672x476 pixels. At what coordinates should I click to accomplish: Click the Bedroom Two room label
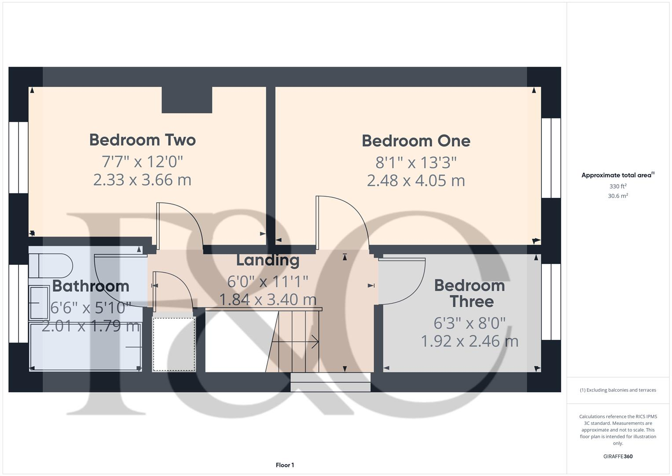pyautogui.click(x=142, y=140)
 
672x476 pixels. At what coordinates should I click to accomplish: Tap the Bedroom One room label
pyautogui.click(x=416, y=141)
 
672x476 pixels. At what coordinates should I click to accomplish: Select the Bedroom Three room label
pyautogui.click(x=470, y=294)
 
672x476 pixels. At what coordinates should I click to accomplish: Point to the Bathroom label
pyautogui.click(x=91, y=286)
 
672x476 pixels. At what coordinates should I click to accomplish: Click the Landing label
pyautogui.click(x=268, y=260)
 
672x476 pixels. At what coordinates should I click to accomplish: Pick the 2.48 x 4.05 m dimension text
pyautogui.click(x=416, y=180)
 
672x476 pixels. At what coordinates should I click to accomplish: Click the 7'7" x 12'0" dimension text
pyautogui.click(x=142, y=162)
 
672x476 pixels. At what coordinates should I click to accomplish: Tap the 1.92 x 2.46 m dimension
pyautogui.click(x=470, y=341)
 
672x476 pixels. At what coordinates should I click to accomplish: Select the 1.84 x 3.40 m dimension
pyautogui.click(x=268, y=300)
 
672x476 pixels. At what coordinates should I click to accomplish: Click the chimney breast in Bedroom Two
pyautogui.click(x=187, y=100)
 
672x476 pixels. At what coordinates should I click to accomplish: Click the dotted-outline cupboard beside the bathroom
pyautogui.click(x=174, y=344)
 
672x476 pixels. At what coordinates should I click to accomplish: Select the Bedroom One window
pyautogui.click(x=551, y=158)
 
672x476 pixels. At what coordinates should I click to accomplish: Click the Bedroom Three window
pyautogui.click(x=551, y=302)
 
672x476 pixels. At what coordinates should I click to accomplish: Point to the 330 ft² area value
pyautogui.click(x=618, y=186)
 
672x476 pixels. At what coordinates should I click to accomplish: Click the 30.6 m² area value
pyautogui.click(x=618, y=196)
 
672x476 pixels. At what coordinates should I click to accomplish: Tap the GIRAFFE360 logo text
pyautogui.click(x=618, y=457)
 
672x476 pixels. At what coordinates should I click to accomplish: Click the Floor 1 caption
pyautogui.click(x=285, y=465)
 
